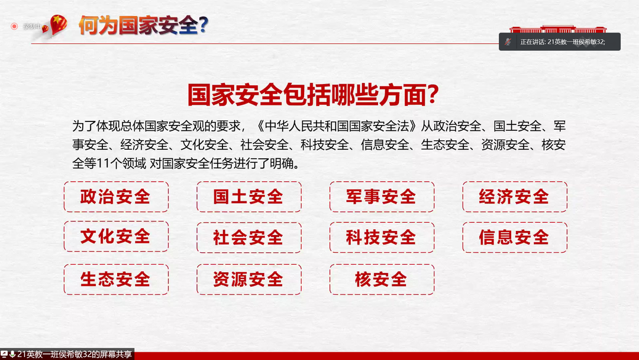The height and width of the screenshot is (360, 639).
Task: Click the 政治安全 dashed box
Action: pos(116,197)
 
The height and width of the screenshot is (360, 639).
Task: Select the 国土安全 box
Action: pos(248,197)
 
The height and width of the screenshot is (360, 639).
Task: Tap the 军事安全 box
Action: pos(382,197)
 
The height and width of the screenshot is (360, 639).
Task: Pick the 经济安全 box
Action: pos(515,197)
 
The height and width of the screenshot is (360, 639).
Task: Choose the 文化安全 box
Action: pos(116,237)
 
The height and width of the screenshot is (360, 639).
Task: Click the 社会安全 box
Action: pos(248,237)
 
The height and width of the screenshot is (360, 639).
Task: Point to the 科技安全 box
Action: pos(382,237)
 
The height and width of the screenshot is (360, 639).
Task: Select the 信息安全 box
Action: pos(515,237)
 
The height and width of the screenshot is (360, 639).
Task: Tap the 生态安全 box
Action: pos(116,279)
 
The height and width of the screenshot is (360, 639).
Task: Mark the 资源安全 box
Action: pos(248,279)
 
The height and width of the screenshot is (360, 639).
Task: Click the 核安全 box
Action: pos(382,279)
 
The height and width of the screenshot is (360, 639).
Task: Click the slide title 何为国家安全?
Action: pos(142,25)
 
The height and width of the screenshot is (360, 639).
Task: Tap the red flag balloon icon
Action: pos(57,25)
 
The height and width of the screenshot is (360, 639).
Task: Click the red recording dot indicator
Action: pos(14,26)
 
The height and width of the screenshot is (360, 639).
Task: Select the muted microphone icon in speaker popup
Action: pos(508,41)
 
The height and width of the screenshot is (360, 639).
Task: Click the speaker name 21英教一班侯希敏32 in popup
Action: pos(575,42)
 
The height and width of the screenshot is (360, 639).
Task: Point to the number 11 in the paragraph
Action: pos(104,163)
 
